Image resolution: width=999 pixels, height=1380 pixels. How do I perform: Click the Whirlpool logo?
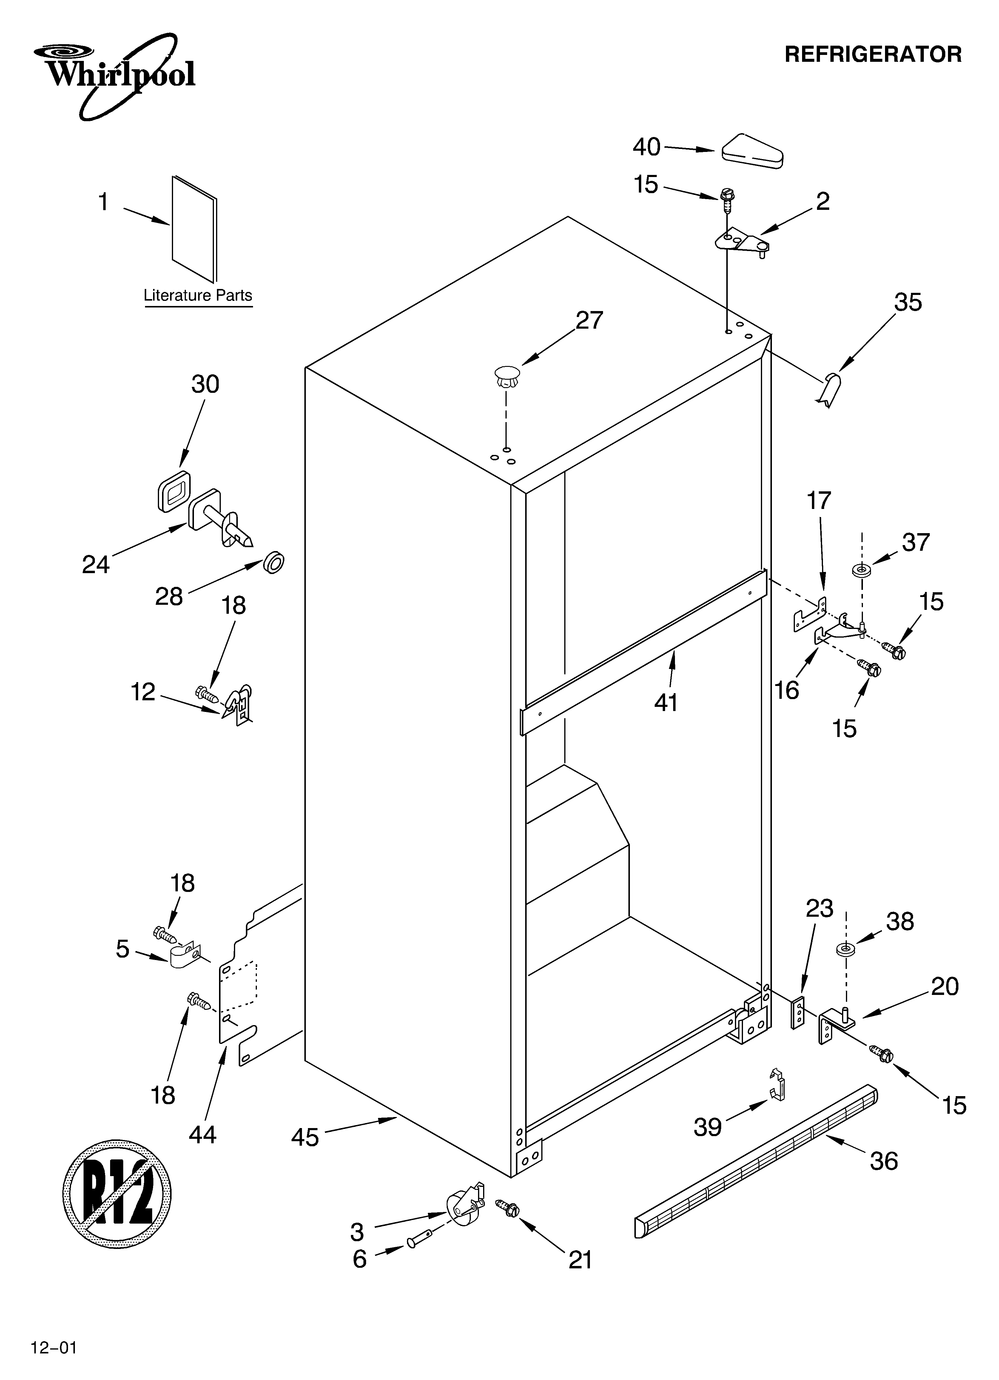[x=114, y=74]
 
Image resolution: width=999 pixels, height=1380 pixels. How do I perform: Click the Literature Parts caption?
[x=198, y=296]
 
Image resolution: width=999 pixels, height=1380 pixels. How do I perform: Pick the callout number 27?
[x=589, y=321]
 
